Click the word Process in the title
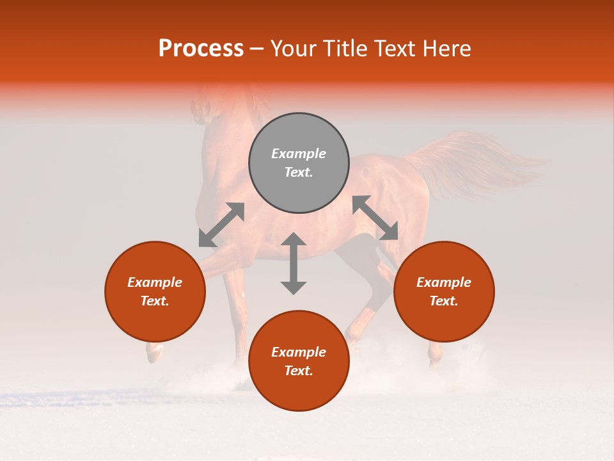coord(201,49)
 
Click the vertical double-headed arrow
coord(294,263)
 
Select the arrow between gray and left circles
coord(221,225)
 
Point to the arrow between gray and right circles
coord(375,218)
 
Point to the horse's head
coord(203,106)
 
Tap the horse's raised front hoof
coord(153,352)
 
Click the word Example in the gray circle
coord(299,154)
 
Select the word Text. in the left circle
coord(155,301)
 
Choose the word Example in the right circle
coord(444,282)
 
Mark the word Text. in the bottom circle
coord(299,371)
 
